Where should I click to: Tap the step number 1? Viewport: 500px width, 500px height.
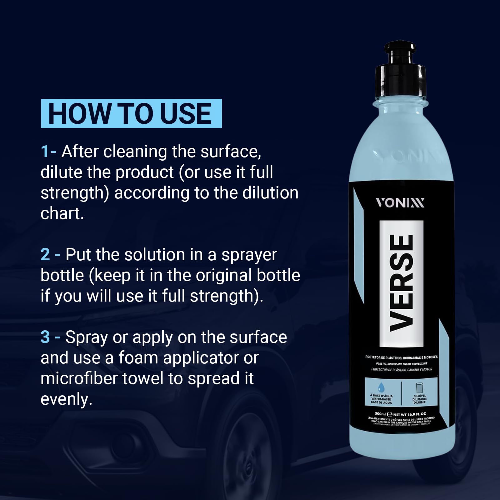(x=45, y=152)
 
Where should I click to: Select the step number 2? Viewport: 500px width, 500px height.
(x=45, y=255)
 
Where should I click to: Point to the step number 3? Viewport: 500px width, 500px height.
(x=45, y=337)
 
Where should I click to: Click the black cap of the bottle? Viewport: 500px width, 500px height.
(x=400, y=69)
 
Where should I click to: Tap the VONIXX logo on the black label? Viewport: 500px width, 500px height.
(x=400, y=203)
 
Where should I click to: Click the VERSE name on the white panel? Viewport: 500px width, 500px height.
(x=402, y=283)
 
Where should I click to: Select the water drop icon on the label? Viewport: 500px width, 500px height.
(x=381, y=387)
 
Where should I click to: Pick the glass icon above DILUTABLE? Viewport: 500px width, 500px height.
(x=419, y=388)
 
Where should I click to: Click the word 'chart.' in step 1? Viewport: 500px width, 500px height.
(x=62, y=214)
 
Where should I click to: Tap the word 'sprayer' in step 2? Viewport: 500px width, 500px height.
(x=249, y=255)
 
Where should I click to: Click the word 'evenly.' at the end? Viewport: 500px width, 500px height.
(x=66, y=399)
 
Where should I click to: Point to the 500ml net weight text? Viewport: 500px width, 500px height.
(x=400, y=414)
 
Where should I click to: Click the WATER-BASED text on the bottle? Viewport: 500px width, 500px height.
(x=381, y=399)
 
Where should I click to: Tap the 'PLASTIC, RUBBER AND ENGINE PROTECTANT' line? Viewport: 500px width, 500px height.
(x=402, y=364)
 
